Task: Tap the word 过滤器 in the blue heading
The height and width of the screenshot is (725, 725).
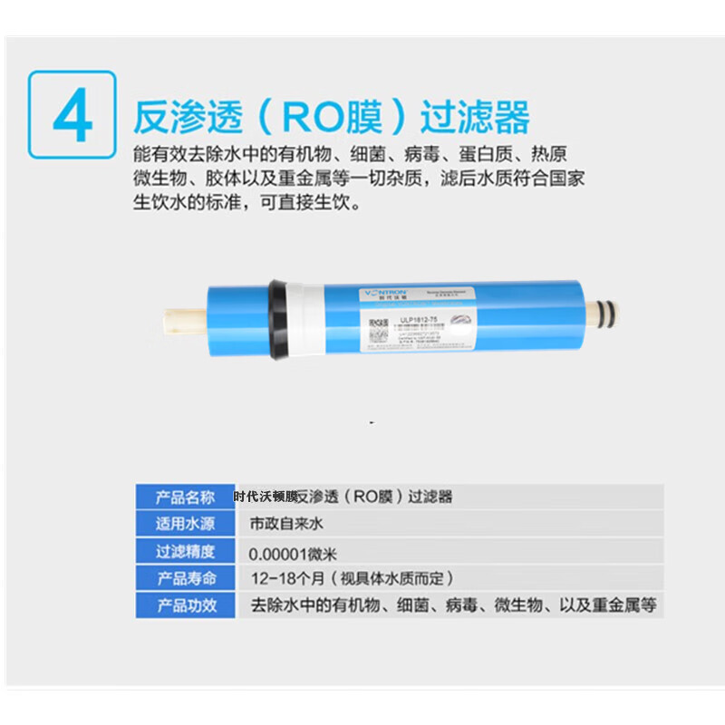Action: (x=476, y=117)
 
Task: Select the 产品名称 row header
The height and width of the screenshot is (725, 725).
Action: (x=186, y=497)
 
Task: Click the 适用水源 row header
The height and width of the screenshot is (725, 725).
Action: (x=186, y=524)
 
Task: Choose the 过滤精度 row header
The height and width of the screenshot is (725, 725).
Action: (x=186, y=551)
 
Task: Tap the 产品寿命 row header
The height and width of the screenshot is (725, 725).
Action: (x=186, y=578)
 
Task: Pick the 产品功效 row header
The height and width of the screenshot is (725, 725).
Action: (x=186, y=605)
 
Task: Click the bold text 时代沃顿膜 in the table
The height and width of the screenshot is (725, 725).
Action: (x=266, y=497)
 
